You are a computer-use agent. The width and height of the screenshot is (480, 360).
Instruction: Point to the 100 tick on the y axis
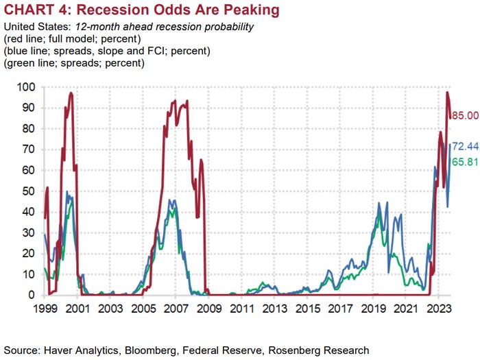tap(25, 87)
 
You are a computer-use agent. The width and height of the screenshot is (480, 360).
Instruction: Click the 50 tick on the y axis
tap(28, 191)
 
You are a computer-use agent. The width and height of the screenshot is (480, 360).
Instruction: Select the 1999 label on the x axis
tap(45, 309)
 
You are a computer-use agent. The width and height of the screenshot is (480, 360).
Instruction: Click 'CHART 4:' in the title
tap(34, 10)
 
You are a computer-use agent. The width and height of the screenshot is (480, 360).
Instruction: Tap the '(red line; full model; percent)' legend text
tap(72, 38)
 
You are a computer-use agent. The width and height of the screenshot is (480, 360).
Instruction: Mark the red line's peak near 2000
tap(71, 93)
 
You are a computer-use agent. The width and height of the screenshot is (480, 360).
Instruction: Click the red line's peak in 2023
tap(447, 93)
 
